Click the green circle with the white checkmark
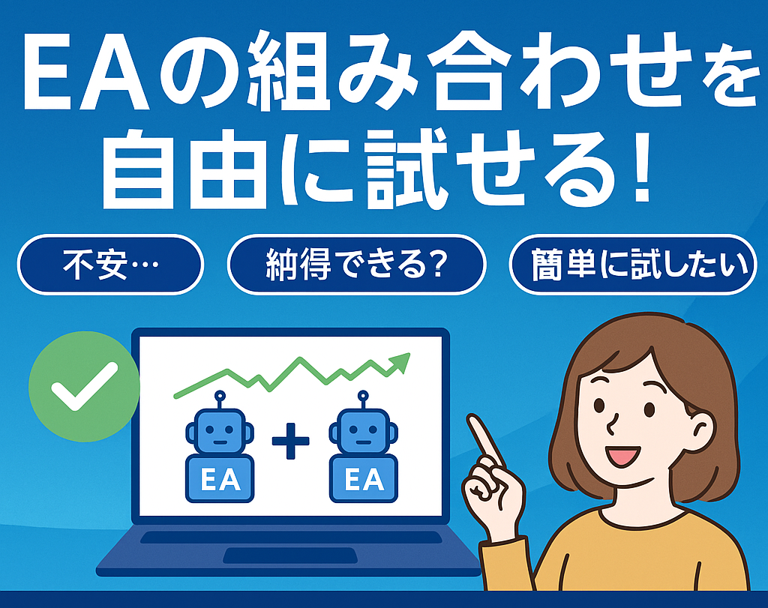(84, 386)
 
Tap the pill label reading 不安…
(111, 265)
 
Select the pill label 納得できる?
(356, 265)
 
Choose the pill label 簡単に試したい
(633, 265)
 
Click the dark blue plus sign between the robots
(290, 441)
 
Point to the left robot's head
(220, 430)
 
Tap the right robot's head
(363, 430)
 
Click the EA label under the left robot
(220, 479)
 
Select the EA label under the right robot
(364, 479)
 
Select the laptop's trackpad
(290, 555)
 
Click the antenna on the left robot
(220, 400)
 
